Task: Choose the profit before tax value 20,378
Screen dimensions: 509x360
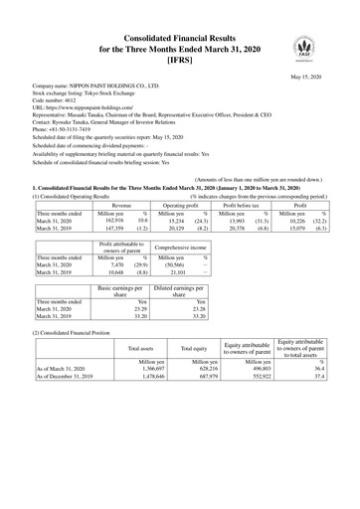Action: tap(230, 229)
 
